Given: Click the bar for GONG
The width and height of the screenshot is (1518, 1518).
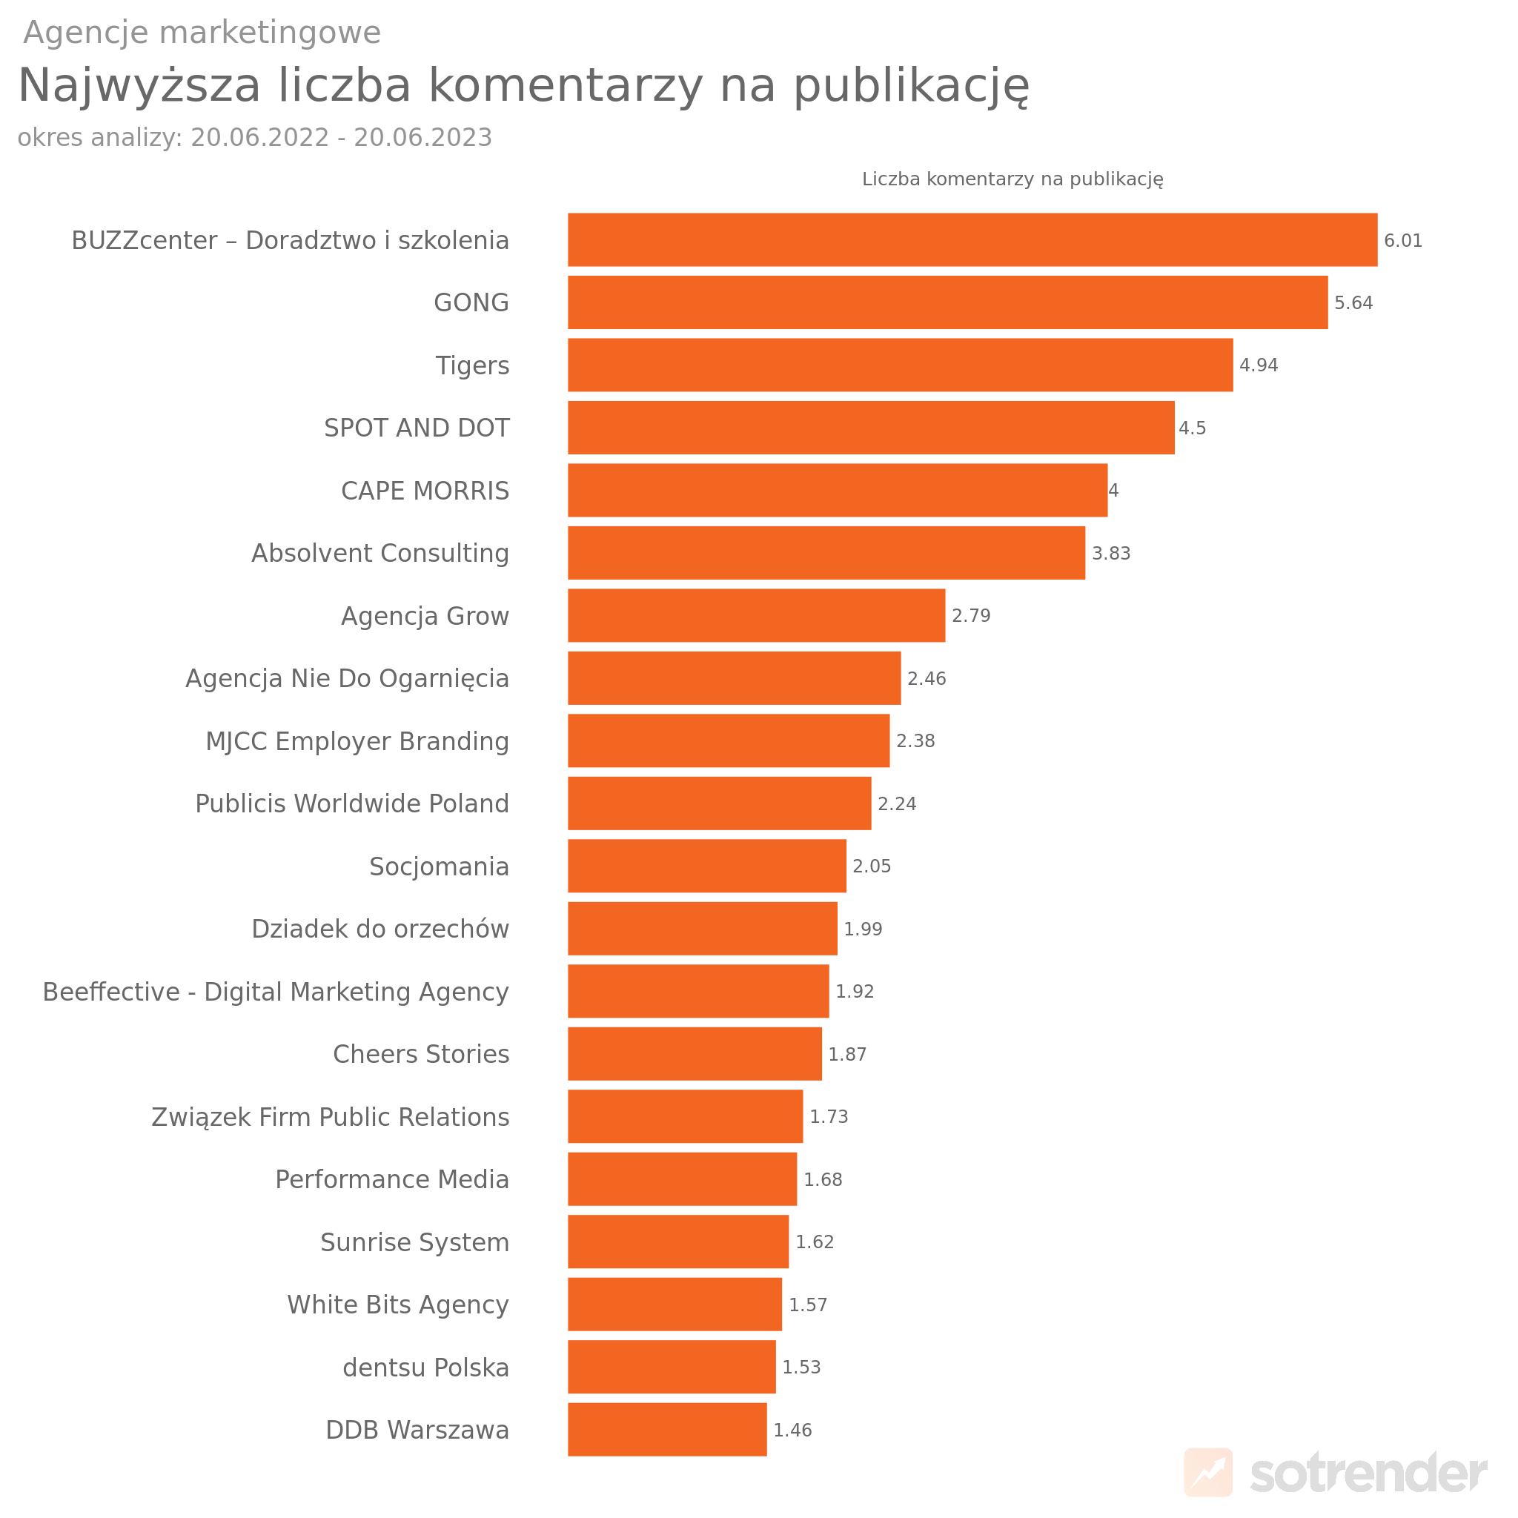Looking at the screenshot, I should [x=947, y=302].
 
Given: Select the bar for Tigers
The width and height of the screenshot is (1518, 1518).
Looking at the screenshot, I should [x=900, y=365].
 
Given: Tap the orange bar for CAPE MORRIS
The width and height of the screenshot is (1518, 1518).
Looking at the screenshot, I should [x=837, y=490].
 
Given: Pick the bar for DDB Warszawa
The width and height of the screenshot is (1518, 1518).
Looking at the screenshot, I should [x=667, y=1430].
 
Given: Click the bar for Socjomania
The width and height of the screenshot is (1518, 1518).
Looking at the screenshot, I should [x=706, y=866].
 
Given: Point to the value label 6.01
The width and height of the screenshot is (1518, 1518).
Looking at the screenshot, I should [x=1402, y=240].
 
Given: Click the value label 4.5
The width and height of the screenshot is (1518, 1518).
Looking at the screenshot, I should [x=1192, y=428].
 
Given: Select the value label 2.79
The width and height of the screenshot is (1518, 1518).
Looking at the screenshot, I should [x=970, y=616].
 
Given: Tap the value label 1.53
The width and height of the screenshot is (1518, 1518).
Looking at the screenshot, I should [x=801, y=1367].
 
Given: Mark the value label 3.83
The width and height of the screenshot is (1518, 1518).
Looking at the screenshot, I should [x=1111, y=553].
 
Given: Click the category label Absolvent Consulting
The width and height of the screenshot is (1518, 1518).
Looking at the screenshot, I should [x=380, y=553].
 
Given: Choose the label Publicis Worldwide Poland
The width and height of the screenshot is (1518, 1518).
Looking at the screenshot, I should [x=352, y=803].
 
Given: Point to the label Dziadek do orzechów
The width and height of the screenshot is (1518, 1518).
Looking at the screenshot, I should [x=380, y=929].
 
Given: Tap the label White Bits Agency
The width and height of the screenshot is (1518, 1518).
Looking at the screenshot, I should [x=397, y=1305].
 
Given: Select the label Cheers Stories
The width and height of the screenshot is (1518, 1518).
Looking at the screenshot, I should [x=421, y=1054].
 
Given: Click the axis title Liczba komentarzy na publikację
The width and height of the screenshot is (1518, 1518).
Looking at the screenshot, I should [x=1012, y=179].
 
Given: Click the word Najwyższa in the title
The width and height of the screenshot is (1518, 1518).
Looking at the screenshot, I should [x=139, y=84].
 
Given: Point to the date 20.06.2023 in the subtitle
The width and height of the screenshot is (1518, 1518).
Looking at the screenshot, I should [x=422, y=138].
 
